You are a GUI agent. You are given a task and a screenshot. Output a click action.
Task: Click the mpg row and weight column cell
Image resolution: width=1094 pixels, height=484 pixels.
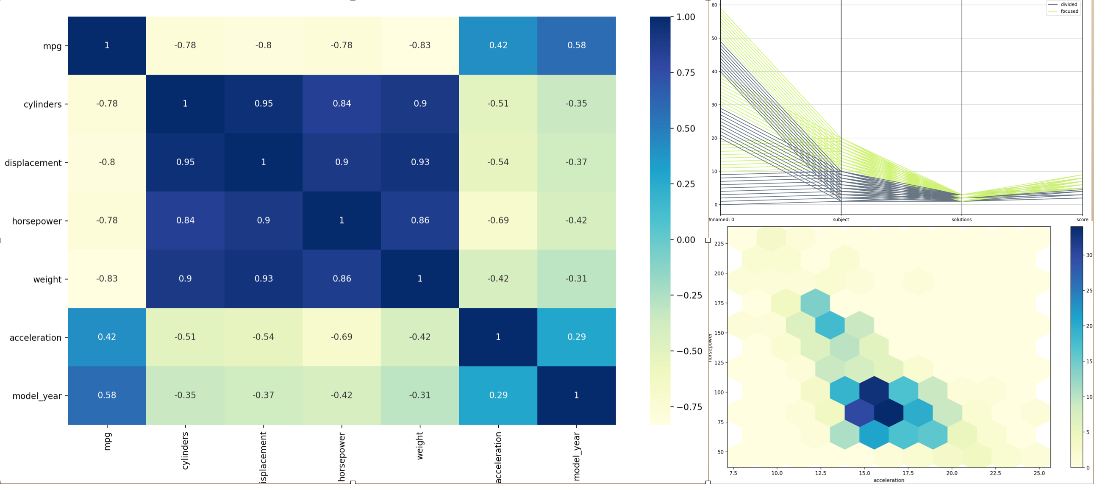click(x=419, y=45)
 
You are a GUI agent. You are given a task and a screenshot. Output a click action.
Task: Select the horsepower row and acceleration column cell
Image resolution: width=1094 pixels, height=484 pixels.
click(x=498, y=220)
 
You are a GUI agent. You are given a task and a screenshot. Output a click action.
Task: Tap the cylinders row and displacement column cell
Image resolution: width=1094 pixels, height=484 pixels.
click(x=263, y=104)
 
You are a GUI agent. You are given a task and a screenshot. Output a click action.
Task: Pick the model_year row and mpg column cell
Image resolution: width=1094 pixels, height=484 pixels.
click(x=107, y=395)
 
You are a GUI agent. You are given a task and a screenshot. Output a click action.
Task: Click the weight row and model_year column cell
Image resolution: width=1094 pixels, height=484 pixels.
click(x=576, y=279)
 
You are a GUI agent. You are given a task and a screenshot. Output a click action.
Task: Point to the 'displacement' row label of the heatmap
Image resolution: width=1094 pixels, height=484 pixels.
click(x=33, y=163)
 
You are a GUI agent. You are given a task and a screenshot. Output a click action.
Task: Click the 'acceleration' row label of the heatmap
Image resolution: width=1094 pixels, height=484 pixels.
click(x=36, y=338)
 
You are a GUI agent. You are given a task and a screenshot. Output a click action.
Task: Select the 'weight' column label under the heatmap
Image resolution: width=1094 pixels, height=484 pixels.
click(x=419, y=446)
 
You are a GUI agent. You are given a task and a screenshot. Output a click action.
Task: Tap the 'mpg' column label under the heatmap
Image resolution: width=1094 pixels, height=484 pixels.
click(x=107, y=442)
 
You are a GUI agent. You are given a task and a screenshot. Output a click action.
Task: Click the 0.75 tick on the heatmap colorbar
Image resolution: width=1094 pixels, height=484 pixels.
click(x=686, y=72)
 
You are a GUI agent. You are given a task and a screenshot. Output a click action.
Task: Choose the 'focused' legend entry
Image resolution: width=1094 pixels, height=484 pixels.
click(x=1069, y=11)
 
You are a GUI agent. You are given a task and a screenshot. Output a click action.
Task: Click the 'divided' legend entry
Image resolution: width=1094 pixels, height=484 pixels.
click(x=1069, y=5)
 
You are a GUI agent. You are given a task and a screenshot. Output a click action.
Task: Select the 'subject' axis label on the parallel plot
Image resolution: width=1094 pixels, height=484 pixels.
click(x=841, y=220)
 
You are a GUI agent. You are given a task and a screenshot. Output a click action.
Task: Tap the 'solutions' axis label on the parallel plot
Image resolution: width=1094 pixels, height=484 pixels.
click(x=961, y=220)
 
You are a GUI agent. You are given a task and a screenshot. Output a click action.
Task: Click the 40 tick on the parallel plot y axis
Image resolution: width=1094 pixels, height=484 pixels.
click(x=714, y=72)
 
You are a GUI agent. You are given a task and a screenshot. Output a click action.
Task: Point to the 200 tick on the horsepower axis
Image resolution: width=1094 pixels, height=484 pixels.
click(x=719, y=273)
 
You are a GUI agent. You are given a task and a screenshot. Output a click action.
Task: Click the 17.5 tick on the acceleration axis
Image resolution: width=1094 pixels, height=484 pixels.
click(x=908, y=473)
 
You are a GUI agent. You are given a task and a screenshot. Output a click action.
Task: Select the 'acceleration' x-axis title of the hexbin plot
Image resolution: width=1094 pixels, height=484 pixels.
click(x=889, y=480)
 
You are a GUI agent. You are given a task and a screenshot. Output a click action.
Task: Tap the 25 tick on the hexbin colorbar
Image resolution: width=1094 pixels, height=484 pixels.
click(x=1088, y=291)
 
